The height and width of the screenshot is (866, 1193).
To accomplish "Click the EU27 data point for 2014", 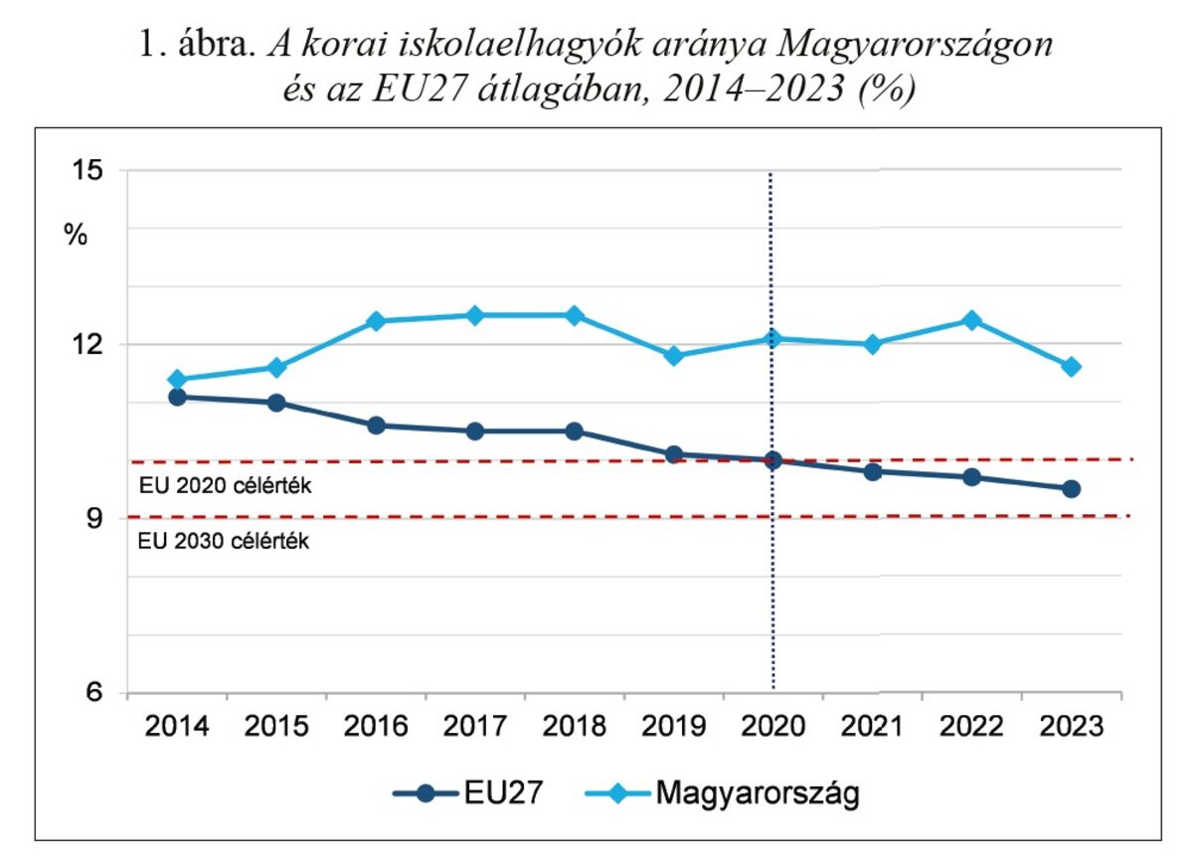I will pyautogui.click(x=177, y=397).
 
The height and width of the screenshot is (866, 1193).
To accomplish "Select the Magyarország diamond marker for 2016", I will pyautogui.click(x=376, y=321).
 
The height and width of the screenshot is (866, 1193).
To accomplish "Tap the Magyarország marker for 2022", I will pyautogui.click(x=972, y=320).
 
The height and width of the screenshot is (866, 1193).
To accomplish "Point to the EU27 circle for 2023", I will pyautogui.click(x=1072, y=488).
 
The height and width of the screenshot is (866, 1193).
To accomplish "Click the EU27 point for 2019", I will pyautogui.click(x=674, y=454).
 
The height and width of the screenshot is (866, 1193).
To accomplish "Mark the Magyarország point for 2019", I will pyautogui.click(x=674, y=356).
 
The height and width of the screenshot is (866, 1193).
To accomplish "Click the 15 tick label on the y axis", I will pyautogui.click(x=89, y=170).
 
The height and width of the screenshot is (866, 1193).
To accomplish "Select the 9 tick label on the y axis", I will pyautogui.click(x=96, y=519).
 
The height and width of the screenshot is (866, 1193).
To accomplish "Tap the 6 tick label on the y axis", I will pyautogui.click(x=96, y=693).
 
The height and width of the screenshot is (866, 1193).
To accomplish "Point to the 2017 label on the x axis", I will pyautogui.click(x=475, y=727).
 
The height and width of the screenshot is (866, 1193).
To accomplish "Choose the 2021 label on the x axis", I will pyautogui.click(x=873, y=727).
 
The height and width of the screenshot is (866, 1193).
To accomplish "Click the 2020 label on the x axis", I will pyautogui.click(x=773, y=727).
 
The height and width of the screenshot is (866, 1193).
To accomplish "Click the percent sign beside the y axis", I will pyautogui.click(x=77, y=236).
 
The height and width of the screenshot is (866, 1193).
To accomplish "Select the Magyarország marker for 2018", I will pyautogui.click(x=575, y=315).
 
